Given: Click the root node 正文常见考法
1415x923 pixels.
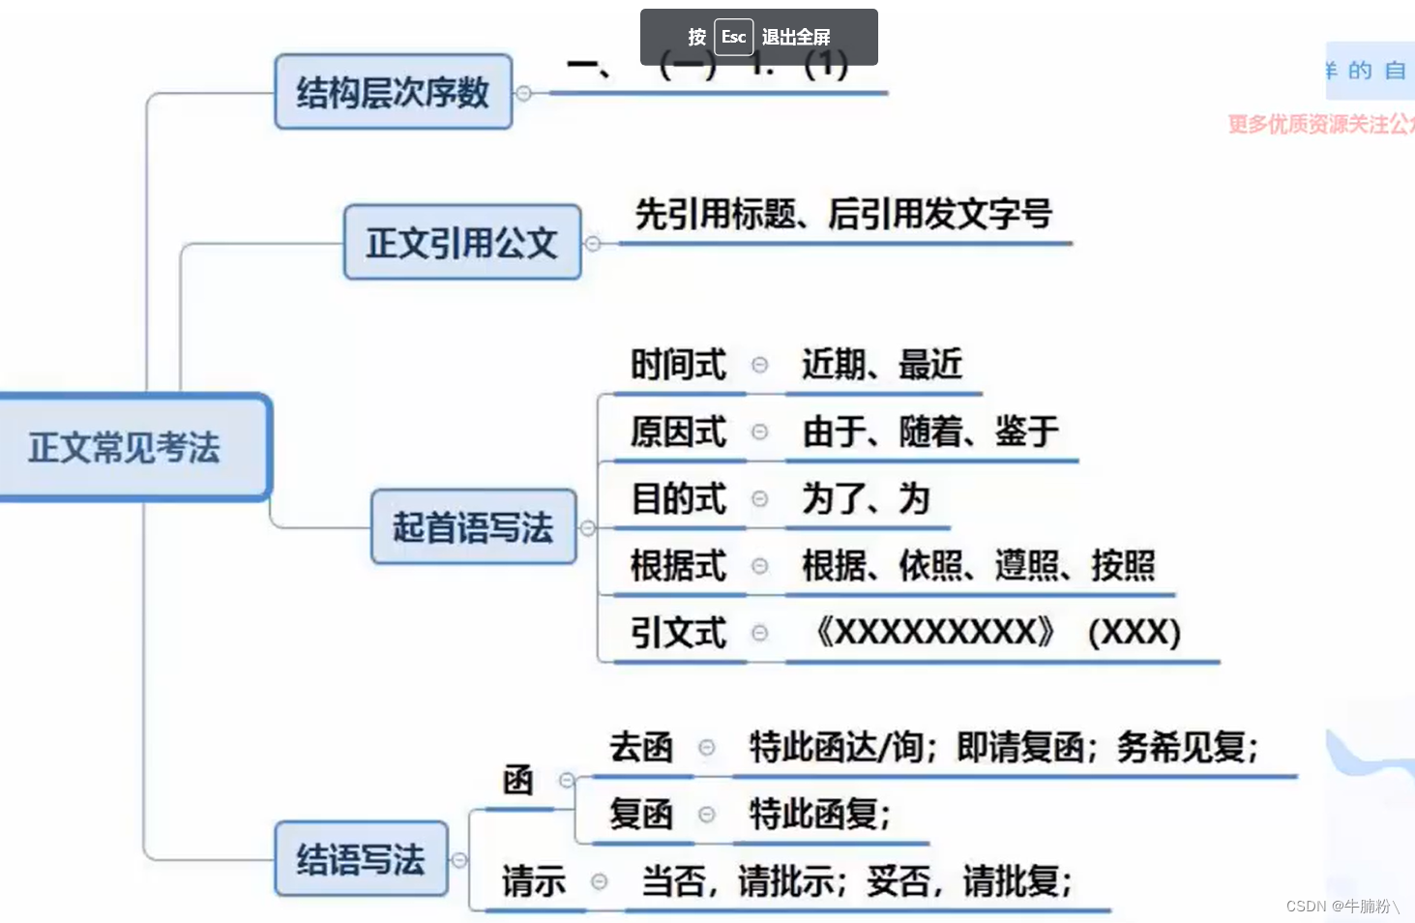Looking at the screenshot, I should click(126, 447).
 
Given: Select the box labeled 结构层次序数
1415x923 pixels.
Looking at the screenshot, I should click(393, 93).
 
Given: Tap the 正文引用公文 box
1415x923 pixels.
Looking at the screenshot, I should click(462, 243).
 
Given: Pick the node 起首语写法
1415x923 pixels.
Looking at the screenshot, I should click(473, 527).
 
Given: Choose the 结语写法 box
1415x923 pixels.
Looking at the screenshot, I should click(361, 859).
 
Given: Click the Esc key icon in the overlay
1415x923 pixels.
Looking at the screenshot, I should click(733, 37).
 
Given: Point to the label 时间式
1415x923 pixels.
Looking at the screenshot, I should click(678, 365).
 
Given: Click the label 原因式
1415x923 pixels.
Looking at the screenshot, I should click(678, 432).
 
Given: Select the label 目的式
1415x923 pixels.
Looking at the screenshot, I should click(678, 498).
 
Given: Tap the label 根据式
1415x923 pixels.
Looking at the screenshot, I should click(678, 565).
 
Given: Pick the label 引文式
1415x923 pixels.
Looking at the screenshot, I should click(678, 633).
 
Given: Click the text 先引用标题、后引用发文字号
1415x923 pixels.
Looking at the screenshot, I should click(843, 214).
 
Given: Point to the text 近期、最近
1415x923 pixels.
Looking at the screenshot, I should click(882, 365).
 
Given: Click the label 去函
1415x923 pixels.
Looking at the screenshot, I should click(640, 747).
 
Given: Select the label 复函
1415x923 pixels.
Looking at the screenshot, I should click(640, 814).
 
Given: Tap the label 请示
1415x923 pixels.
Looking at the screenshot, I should click(533, 881).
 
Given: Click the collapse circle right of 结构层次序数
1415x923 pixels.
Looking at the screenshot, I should click(523, 93).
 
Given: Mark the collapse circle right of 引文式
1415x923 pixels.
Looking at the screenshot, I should click(760, 633).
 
